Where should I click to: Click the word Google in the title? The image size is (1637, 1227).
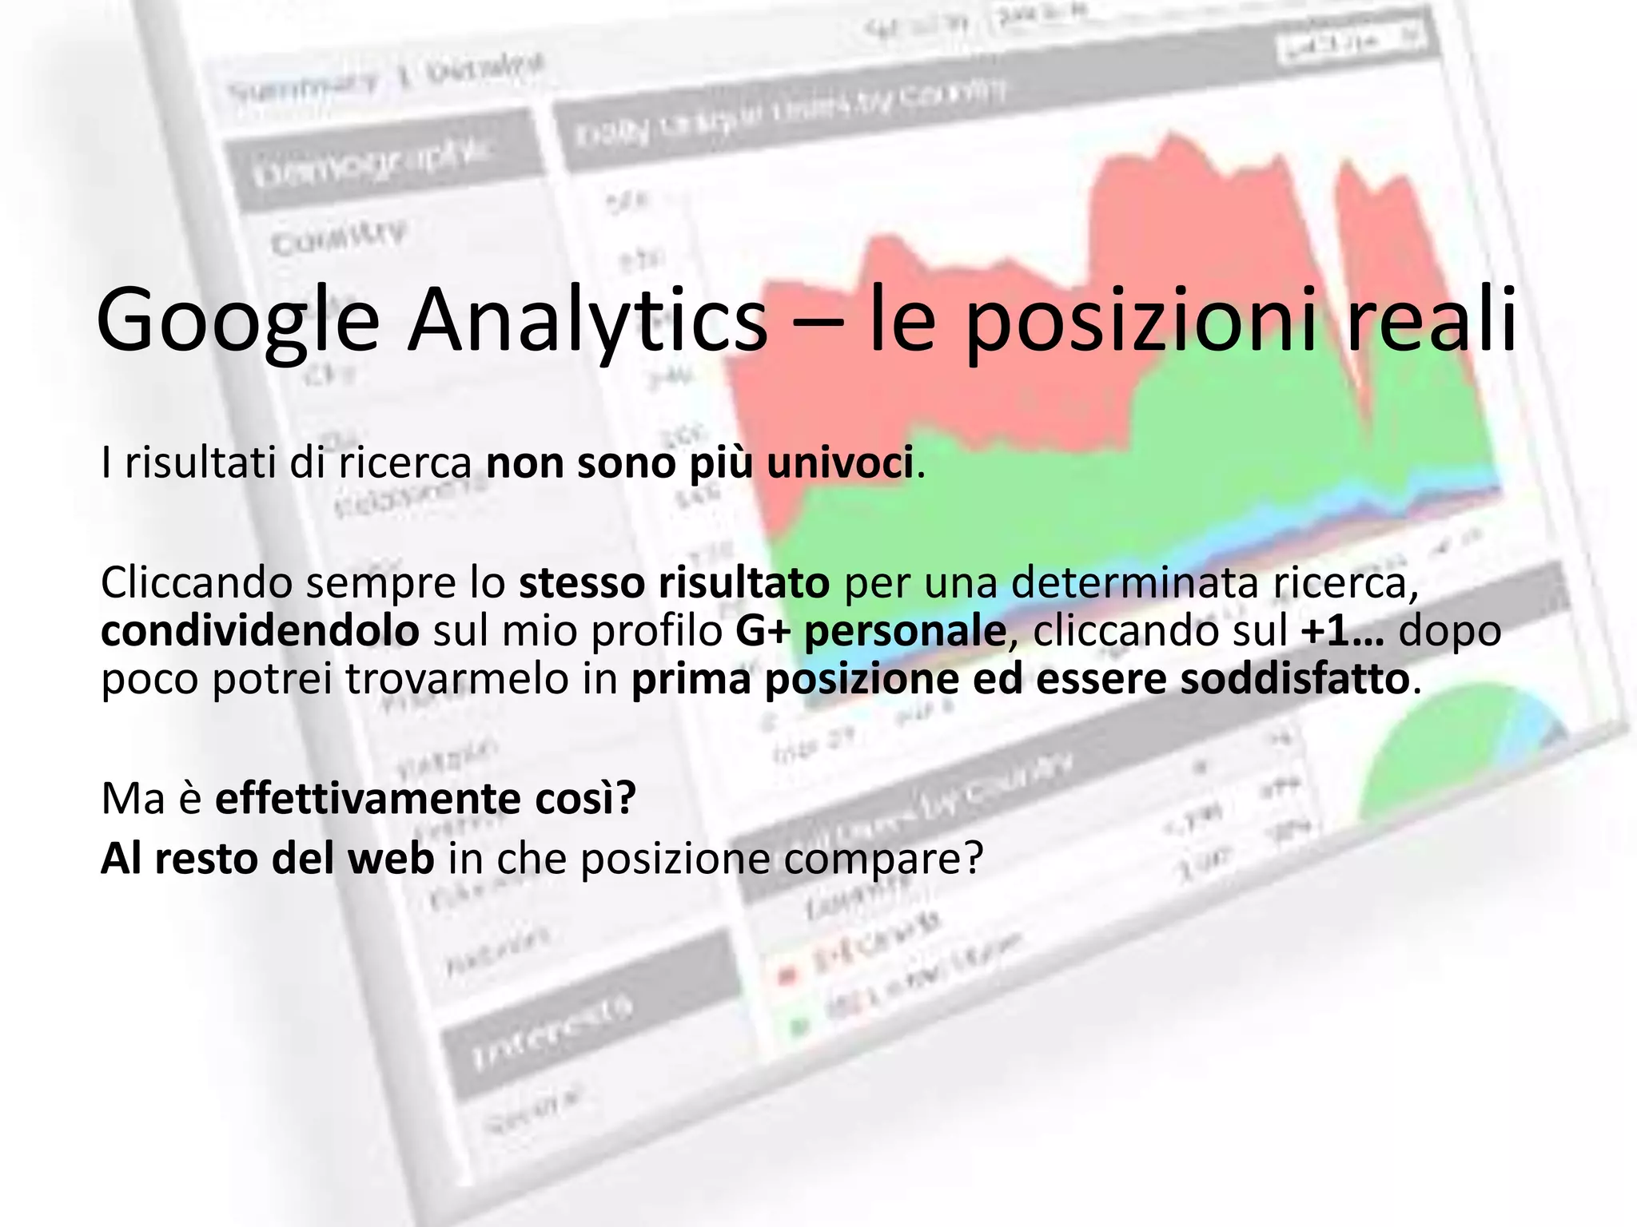click(237, 320)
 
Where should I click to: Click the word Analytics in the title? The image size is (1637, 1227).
click(587, 320)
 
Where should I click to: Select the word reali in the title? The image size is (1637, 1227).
click(1431, 320)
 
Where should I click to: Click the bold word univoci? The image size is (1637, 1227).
click(839, 463)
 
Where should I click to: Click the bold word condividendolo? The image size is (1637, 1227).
click(260, 631)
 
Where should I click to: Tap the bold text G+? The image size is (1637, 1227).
click(763, 631)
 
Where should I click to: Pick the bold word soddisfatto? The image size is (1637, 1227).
click(1294, 679)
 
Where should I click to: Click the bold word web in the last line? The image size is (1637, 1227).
click(396, 859)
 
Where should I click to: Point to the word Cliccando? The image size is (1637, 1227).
click(197, 582)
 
